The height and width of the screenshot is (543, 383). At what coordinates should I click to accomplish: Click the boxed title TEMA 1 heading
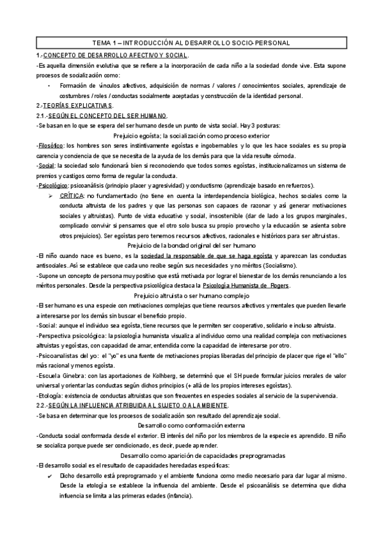(191, 42)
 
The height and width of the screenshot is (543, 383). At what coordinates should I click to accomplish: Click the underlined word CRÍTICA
(72, 195)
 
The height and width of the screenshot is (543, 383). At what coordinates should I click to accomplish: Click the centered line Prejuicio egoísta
(191, 136)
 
